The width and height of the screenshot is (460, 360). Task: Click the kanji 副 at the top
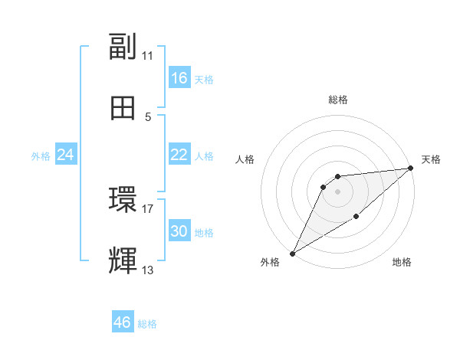[123, 47]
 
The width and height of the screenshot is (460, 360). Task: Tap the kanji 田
[123, 108]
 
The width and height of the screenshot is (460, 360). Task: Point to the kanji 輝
[123, 260]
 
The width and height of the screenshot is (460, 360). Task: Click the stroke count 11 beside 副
[148, 56]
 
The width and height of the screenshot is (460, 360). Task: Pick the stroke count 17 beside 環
[148, 208]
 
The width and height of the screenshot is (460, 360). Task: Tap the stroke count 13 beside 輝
[148, 270]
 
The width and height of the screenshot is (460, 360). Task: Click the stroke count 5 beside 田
[148, 117]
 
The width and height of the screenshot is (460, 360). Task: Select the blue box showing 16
[179, 78]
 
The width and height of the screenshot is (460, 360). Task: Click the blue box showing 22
[179, 155]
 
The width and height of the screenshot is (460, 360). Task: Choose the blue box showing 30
[179, 231]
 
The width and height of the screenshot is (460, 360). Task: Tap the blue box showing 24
[66, 155]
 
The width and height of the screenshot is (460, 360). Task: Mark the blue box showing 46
[123, 322]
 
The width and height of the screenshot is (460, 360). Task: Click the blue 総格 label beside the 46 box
[148, 324]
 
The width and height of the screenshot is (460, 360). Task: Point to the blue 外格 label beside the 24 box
[41, 156]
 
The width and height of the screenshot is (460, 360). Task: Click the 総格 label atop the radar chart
[337, 100]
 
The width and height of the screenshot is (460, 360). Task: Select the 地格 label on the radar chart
[402, 263]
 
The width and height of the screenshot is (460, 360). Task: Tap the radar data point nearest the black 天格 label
[410, 168]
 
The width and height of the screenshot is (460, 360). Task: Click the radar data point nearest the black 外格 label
[292, 253]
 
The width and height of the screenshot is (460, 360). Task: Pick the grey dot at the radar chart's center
[337, 191]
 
